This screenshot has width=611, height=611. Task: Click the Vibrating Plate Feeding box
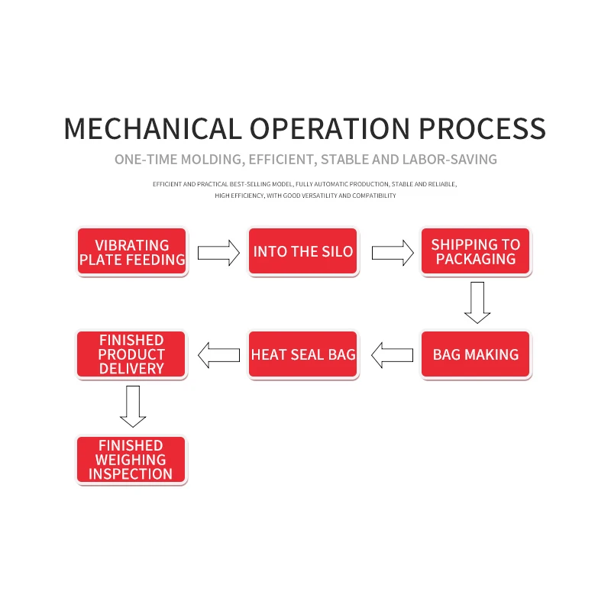coord(132,252)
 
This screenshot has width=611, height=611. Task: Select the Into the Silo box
coord(303,252)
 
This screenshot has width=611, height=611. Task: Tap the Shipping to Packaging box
coord(475,252)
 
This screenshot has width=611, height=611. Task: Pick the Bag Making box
coord(475,354)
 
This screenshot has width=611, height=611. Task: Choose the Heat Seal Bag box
coord(303,354)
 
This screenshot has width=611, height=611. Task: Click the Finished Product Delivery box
coord(131,354)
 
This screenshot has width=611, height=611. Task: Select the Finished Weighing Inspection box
coord(131,460)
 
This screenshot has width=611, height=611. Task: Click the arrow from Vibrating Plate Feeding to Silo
coord(218,252)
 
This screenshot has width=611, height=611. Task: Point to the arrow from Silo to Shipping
coord(392,252)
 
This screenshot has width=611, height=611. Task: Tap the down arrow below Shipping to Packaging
coord(477,302)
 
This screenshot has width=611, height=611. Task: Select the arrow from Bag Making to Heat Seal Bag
coord(392,354)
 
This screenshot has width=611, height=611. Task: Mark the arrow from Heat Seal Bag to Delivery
coord(218,354)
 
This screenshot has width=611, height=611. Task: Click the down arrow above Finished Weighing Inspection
coord(133,406)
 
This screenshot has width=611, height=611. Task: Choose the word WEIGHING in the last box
coord(131,460)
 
